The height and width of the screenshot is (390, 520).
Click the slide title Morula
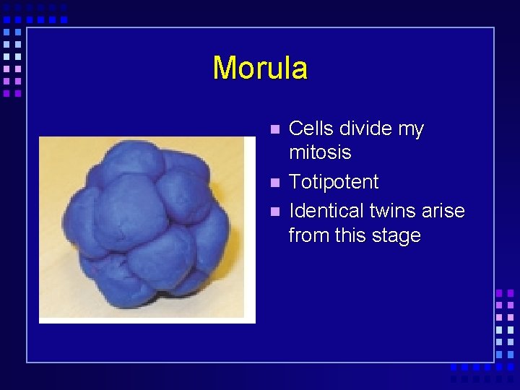[x=260, y=68]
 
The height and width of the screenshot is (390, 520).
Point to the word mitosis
[x=320, y=152]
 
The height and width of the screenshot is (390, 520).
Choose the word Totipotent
[x=333, y=182]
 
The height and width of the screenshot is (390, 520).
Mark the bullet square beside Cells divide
[x=274, y=130]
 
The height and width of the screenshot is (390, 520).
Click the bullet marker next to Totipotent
[x=274, y=183]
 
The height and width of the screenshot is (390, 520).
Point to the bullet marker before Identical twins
[x=274, y=212]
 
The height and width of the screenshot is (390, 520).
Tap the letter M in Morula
[x=225, y=68]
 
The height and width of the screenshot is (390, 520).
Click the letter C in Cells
[x=295, y=129]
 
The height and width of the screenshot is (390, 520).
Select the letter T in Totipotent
[x=294, y=182]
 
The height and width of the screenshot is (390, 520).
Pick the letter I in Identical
[x=291, y=211]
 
